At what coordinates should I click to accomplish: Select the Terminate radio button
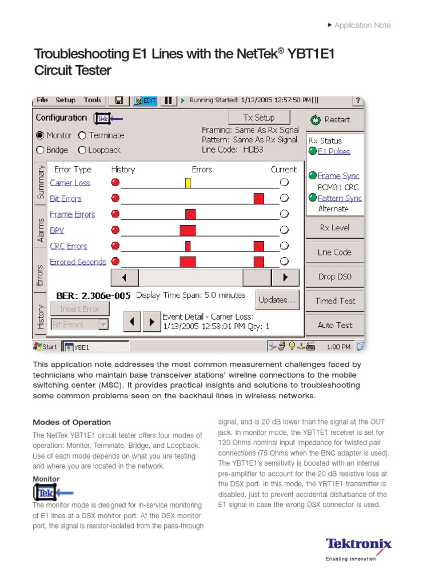tap(82, 135)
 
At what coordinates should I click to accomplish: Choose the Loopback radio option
tap(82, 150)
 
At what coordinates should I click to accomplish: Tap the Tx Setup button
tap(259, 117)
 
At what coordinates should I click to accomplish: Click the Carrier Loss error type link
tap(70, 183)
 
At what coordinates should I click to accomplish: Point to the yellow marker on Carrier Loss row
tap(187, 183)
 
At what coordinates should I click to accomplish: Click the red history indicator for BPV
tap(115, 230)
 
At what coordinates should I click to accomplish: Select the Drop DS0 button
tap(334, 277)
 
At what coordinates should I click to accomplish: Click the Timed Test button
tap(334, 301)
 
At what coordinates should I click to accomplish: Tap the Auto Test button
tap(334, 325)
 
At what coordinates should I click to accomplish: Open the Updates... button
tap(277, 299)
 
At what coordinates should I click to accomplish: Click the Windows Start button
tap(46, 346)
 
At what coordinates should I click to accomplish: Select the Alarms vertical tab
tap(41, 230)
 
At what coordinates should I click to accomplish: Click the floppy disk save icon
tap(119, 101)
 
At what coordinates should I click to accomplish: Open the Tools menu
tap(92, 100)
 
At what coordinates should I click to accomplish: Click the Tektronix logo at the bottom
tap(358, 544)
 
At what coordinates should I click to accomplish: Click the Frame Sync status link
tap(338, 176)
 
